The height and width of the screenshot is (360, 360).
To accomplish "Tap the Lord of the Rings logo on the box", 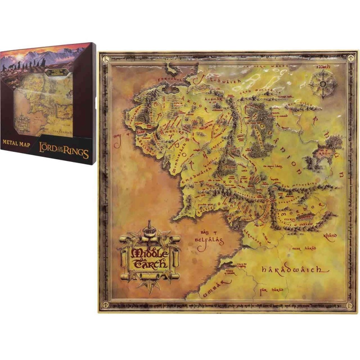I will coord(65,150).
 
